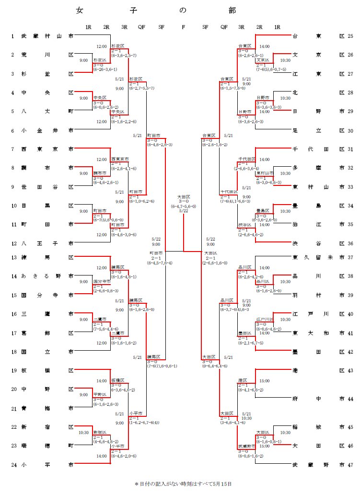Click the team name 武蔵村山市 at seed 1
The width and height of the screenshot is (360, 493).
coord(47,36)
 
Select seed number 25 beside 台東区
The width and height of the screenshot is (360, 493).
coord(350,36)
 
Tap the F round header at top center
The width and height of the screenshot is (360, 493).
coord(183,27)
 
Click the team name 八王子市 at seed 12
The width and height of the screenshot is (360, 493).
coord(47,243)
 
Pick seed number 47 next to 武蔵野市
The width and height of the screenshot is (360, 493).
coord(350,464)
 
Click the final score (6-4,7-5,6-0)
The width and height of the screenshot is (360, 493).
coord(184,206)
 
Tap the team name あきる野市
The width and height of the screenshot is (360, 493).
coord(47,276)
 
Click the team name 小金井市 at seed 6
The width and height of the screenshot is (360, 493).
coord(47,130)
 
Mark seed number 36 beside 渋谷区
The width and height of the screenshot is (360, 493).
coord(350,243)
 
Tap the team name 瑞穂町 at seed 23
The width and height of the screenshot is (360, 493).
coord(47,446)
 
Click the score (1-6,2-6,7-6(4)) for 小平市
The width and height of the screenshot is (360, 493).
coord(144,422)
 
